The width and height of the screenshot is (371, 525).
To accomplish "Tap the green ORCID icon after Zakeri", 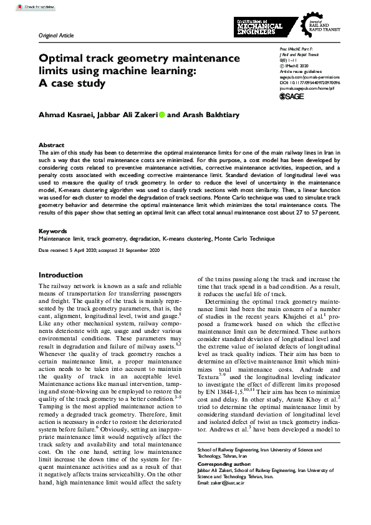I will coord(161,115).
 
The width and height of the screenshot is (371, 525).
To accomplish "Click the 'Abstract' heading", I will coord(51,145).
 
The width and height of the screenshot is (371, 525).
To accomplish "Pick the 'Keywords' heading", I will coord(53,231).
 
